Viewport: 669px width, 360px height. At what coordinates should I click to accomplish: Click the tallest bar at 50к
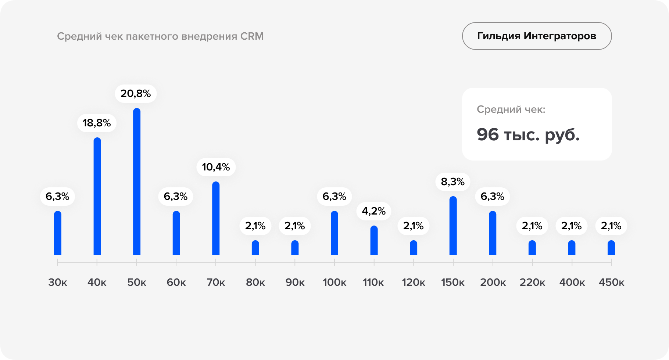[136, 182]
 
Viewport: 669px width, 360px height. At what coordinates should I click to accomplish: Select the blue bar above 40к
[97, 197]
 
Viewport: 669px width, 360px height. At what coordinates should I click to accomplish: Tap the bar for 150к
[453, 226]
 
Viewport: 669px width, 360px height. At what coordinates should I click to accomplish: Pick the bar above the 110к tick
[374, 241]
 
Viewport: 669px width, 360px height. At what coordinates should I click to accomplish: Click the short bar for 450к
[611, 248]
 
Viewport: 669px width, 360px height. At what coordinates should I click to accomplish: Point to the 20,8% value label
[136, 94]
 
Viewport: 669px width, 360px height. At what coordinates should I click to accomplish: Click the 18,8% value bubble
[97, 123]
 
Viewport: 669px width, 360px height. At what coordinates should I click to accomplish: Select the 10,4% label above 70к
[216, 167]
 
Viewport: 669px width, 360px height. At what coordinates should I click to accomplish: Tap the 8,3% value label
[452, 182]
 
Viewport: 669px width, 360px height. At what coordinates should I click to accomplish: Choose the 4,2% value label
[373, 211]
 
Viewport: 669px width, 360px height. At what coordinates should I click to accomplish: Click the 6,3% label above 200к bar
[492, 197]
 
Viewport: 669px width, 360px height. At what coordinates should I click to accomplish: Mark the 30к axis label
[58, 282]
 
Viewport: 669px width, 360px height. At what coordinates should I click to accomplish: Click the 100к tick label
[334, 282]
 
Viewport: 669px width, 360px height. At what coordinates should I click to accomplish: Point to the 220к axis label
[532, 282]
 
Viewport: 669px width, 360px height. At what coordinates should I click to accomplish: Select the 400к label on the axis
[572, 282]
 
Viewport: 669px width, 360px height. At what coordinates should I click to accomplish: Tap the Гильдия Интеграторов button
[537, 36]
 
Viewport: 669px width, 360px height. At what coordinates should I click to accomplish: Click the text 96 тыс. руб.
[528, 135]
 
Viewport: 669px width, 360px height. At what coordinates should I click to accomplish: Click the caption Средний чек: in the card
[511, 109]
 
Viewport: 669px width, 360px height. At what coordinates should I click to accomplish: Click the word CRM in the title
[252, 36]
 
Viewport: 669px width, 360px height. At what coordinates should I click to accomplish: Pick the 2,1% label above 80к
[255, 226]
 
